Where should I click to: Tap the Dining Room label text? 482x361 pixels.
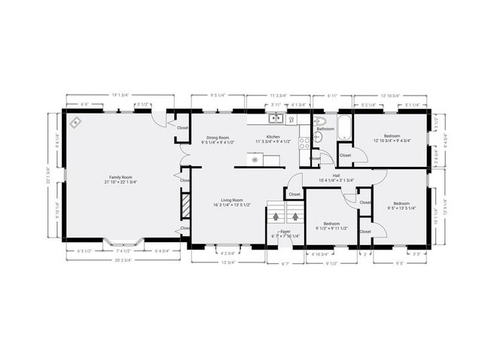(x=220, y=138)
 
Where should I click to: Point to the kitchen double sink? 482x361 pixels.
(x=276, y=118)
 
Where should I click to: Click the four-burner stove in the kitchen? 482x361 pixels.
(x=305, y=140)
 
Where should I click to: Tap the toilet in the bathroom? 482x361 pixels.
(x=319, y=122)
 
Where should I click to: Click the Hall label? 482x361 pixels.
(x=325, y=176)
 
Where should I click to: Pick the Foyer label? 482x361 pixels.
(x=285, y=232)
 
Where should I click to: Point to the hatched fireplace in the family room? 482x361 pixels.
(x=184, y=204)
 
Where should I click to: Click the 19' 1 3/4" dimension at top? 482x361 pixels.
(x=120, y=95)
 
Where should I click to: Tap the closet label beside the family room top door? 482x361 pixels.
(x=183, y=128)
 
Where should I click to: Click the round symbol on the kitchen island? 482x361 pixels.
(x=255, y=159)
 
